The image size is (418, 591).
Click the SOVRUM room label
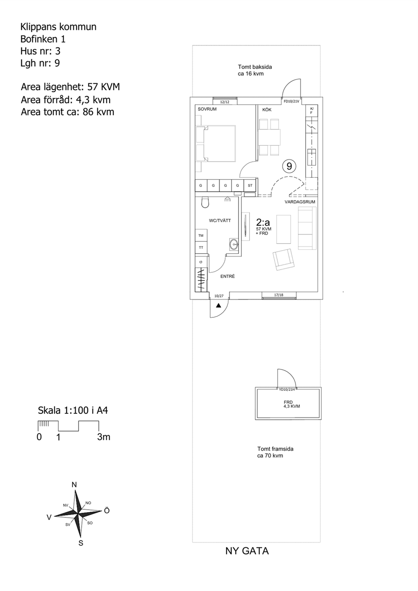pos(207,109)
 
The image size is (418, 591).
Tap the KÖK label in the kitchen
pos(267,110)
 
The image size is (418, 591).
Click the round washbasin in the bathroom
pos(234,244)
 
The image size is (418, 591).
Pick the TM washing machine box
pos(201,235)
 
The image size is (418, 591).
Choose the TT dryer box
pos(201,248)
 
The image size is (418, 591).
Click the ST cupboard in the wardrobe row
pos(250,185)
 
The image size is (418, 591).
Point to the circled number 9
pos(289,166)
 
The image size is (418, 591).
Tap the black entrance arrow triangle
pos(219,306)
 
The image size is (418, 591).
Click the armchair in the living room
pos(284,259)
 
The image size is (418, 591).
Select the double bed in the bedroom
pos(216,143)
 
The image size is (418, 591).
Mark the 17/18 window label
pos(279,295)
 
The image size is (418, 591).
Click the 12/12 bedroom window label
pos(225,102)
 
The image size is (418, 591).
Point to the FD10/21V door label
pos(291,102)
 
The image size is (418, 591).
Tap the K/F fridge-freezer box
pos(312,111)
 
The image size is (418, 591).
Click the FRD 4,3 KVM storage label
pos(292,404)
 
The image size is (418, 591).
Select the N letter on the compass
pos(74,485)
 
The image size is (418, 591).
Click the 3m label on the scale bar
pos(103,437)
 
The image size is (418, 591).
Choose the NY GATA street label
pos(247,551)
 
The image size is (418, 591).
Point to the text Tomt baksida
pos(255,67)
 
